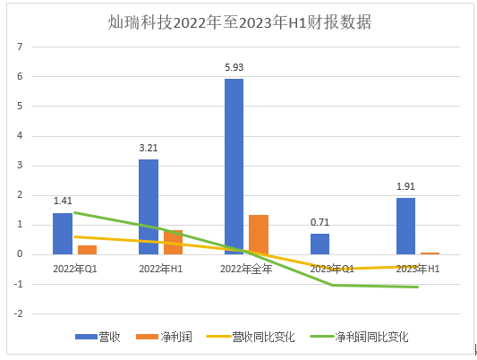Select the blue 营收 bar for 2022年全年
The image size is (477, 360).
[x=234, y=166]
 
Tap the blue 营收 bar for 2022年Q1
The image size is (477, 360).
[x=62, y=233]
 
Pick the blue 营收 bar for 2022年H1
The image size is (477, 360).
[x=148, y=206]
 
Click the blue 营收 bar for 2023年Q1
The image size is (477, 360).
[x=319, y=244]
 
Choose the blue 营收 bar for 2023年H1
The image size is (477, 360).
[x=405, y=226]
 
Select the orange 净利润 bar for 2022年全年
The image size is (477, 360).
[x=259, y=234]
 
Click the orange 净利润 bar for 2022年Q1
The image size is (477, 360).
[x=87, y=249]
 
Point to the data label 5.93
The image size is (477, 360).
[x=234, y=67]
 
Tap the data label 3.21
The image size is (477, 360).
[x=148, y=149]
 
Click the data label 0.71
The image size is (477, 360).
[x=319, y=223]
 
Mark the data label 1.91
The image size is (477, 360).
[x=405, y=187]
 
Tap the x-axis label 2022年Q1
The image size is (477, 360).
[x=73, y=268]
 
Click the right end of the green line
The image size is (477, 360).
[x=417, y=287]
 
